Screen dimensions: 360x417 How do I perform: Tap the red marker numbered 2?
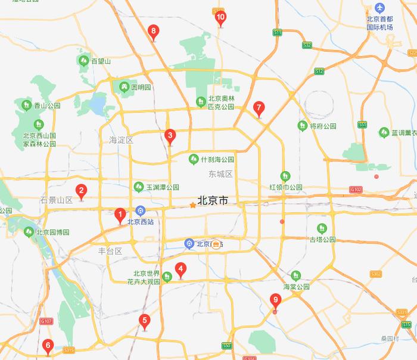click(82, 192)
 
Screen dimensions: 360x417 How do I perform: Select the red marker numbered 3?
click(170, 136)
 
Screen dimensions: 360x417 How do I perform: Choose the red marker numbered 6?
click(48, 345)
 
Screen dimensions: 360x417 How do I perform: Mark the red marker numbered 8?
click(154, 32)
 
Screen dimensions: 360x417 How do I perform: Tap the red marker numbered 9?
click(275, 300)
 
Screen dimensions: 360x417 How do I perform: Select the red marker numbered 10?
click(220, 18)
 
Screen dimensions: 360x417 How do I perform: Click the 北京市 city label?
click(212, 201)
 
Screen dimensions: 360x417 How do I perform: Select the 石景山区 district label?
click(56, 200)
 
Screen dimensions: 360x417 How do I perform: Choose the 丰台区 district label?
click(110, 251)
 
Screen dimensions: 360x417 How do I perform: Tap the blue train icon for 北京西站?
click(141, 210)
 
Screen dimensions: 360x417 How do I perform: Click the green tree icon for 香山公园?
click(26, 105)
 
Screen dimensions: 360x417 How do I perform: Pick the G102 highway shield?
click(356, 190)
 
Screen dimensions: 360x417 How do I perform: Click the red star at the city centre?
click(192, 206)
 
